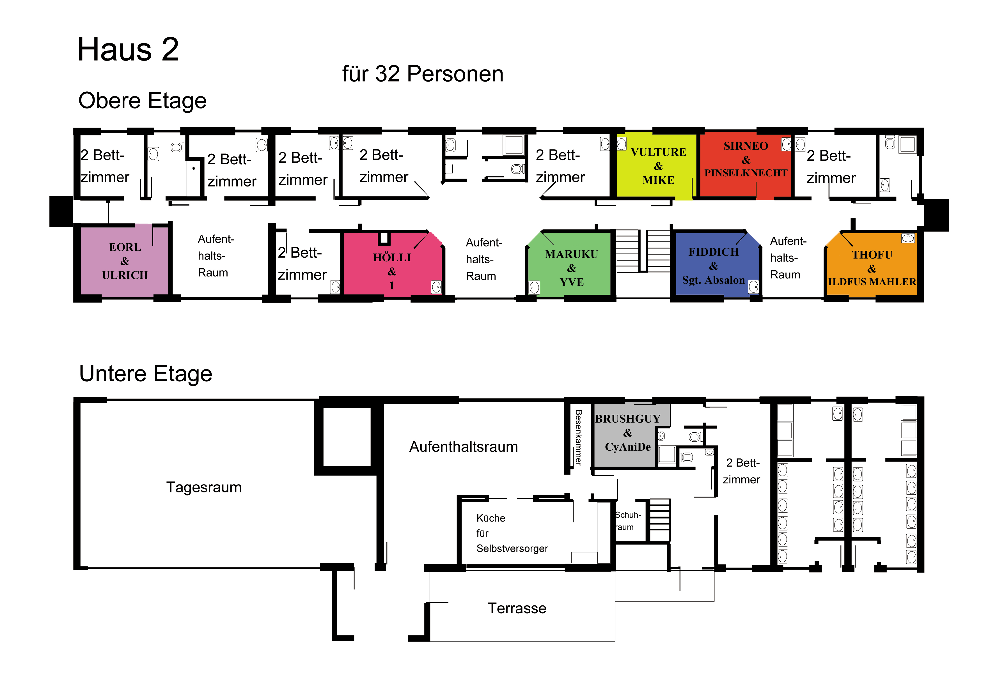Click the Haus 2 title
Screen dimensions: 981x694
coord(128,50)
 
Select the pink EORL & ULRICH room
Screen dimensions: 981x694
coord(124,261)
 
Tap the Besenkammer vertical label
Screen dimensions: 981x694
coord(578,437)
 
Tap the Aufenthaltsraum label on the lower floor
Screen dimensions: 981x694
coord(464,447)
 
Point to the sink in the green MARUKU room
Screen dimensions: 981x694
coord(535,288)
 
